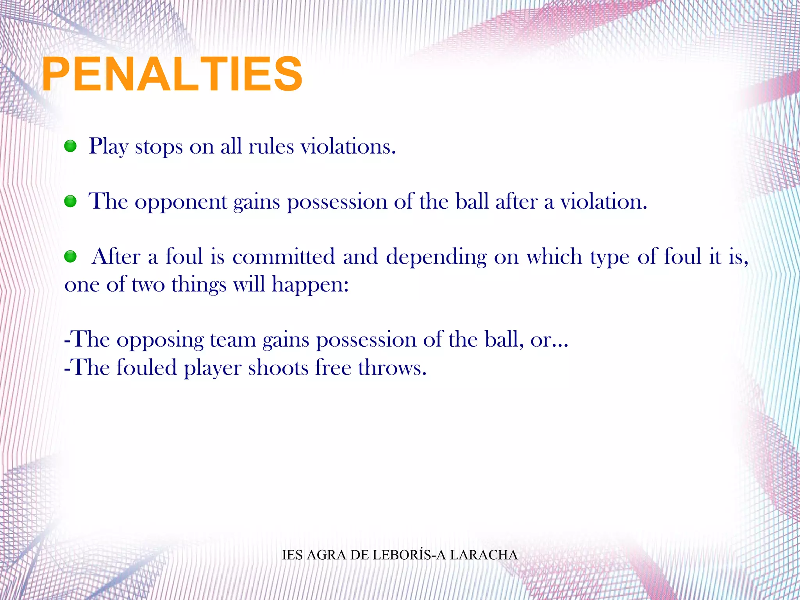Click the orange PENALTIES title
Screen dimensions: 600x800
tap(172, 74)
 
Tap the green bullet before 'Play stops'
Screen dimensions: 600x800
tap(70, 147)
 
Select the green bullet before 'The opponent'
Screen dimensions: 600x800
tap(70, 202)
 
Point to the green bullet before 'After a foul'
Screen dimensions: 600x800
tap(70, 257)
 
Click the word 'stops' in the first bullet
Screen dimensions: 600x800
tap(159, 147)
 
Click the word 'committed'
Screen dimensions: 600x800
tap(284, 257)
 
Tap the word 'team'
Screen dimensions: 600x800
tap(233, 340)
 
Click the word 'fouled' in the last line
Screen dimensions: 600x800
tap(146, 368)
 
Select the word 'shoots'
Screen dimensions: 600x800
tap(278, 368)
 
